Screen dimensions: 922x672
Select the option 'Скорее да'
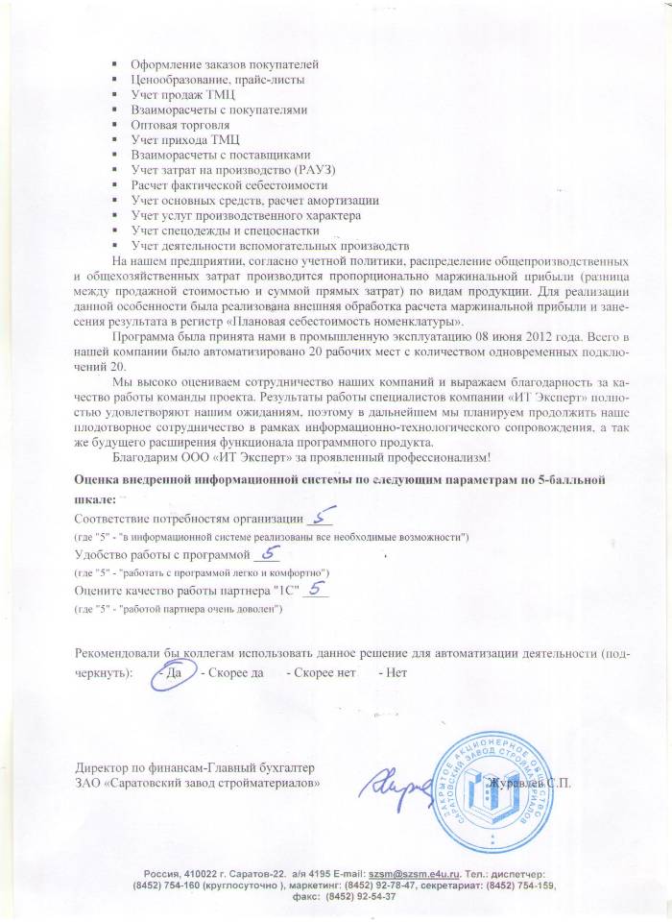pos(234,672)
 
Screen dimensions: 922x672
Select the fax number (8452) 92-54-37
pos(362,899)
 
